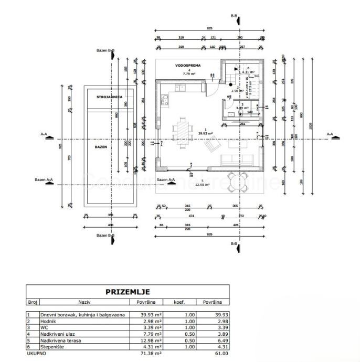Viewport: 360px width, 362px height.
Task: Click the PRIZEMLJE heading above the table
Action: (x=128, y=292)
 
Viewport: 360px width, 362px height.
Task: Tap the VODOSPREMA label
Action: (x=186, y=66)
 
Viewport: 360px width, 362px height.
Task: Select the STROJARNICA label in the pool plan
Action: (x=110, y=98)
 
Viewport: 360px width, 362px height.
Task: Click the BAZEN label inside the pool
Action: (x=101, y=147)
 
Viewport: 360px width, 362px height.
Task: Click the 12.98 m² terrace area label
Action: (x=202, y=185)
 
